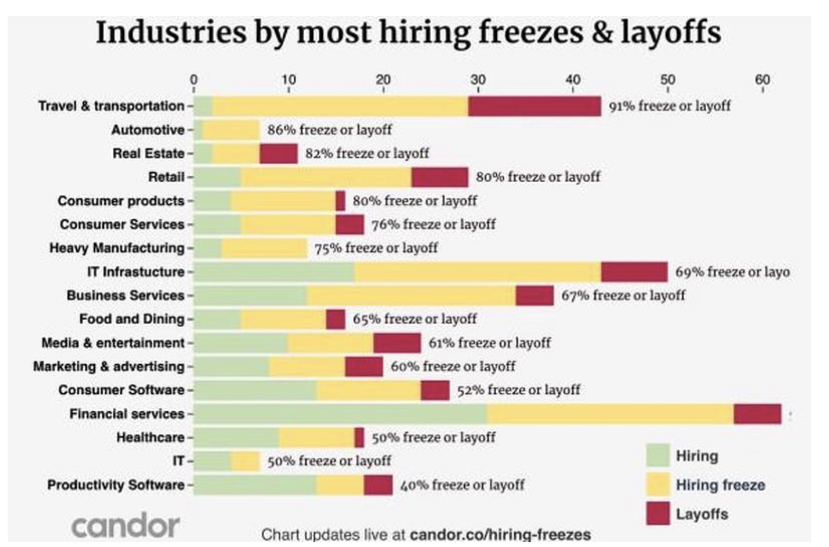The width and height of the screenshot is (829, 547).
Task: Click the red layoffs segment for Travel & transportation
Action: pos(534,106)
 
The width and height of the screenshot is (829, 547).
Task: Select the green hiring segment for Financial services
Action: pos(340,414)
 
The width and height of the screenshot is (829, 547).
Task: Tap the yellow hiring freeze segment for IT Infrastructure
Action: pos(477,272)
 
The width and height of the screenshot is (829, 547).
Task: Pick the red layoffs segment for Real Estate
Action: pos(279,153)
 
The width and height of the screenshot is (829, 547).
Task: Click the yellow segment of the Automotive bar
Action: pos(231,129)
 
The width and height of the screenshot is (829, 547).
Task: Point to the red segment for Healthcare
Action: pos(360,438)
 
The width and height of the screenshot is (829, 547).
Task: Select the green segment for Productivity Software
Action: pos(255,485)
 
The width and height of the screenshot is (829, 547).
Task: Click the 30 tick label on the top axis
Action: pos(478,80)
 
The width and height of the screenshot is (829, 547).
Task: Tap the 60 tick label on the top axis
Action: pos(762,80)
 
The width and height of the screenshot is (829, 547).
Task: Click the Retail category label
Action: pos(166,177)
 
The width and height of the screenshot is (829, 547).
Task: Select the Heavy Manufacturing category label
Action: pos(117,248)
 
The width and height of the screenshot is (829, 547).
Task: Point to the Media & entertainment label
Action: pos(113,343)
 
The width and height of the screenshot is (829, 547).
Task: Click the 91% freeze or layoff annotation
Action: pos(669,106)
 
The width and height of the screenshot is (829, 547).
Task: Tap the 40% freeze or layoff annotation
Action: pos(462,485)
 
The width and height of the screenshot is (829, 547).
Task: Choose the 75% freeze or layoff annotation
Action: pos(376,248)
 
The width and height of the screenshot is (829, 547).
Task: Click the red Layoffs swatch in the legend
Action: pos(658,513)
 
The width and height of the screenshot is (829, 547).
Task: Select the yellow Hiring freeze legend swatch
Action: pos(658,485)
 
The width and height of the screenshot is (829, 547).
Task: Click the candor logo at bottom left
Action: pos(125,526)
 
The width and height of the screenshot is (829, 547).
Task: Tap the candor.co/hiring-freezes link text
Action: pos(500,535)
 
